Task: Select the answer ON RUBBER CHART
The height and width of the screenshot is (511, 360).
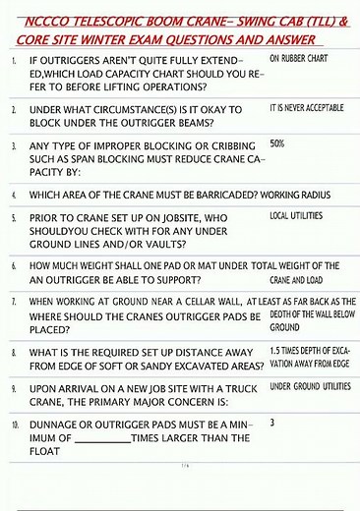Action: pos(302,59)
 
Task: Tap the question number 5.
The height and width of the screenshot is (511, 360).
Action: pos(14,215)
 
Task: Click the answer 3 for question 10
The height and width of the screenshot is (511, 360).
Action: pos(271,422)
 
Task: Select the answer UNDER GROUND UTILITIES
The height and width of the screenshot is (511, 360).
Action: pos(310,386)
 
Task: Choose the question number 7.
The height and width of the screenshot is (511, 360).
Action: pos(14,302)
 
